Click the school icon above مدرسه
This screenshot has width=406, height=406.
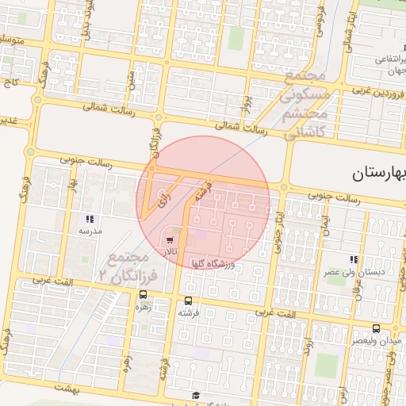(x=90, y=219)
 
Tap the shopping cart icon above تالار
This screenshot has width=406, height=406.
(x=169, y=239)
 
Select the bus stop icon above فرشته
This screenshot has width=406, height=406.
(x=188, y=301)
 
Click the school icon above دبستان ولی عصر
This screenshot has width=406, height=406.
(x=354, y=259)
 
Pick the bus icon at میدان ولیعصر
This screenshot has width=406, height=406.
(x=375, y=328)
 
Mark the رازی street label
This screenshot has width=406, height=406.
(x=163, y=200)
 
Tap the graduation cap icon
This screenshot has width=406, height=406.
(x=195, y=395)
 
